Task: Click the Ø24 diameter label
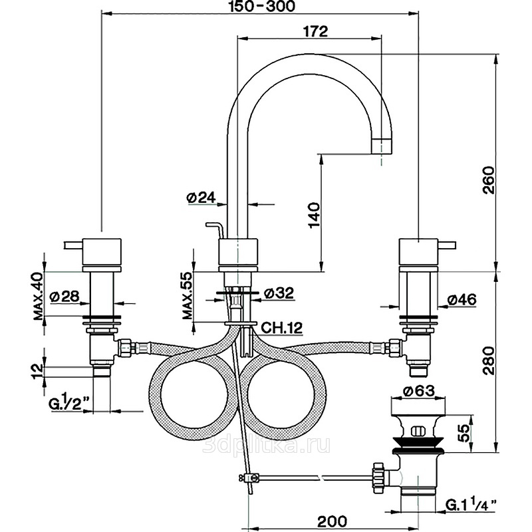pos(201,197)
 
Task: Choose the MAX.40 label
pos(38,296)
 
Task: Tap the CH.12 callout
pos(279,327)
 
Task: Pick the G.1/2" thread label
pos(70,403)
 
